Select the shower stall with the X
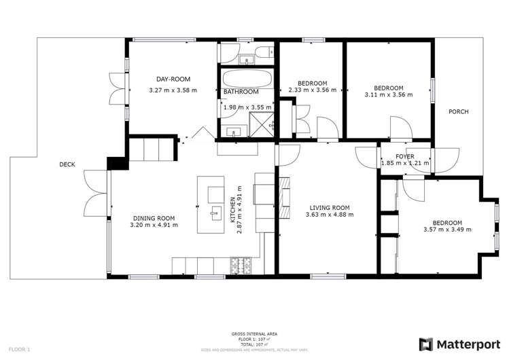261,124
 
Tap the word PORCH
459,112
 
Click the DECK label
67,164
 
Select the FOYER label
405,156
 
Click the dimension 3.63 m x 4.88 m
330,215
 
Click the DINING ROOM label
154,217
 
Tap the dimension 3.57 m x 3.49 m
446,230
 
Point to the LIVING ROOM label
330,207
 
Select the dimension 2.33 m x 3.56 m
312,90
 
